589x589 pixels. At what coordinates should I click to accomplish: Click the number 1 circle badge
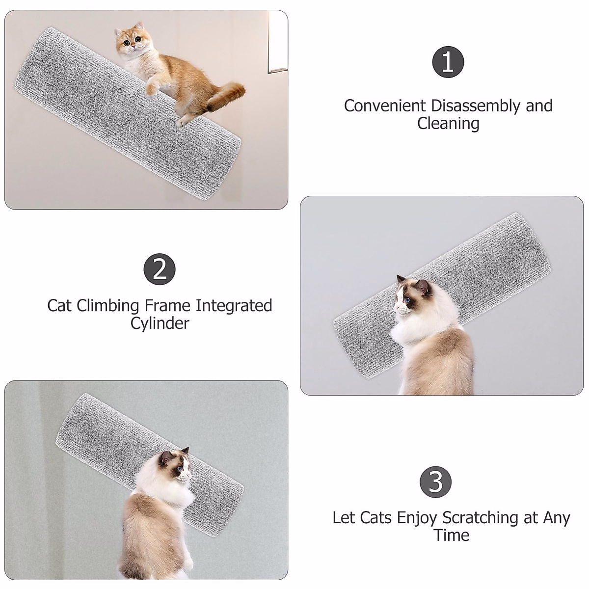point(448,63)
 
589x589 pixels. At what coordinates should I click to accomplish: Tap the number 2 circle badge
point(160,269)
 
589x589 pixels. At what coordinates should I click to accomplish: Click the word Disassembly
point(476,106)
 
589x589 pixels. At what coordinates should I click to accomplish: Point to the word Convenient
point(384,106)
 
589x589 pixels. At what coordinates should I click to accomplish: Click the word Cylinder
point(160,323)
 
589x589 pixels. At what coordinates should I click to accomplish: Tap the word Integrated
point(234,305)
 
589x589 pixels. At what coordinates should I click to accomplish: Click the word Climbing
point(107,306)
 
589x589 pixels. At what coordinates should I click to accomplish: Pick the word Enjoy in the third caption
point(418,518)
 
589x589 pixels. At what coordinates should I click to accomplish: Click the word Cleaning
point(448,124)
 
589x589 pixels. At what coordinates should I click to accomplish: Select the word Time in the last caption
point(451,535)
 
